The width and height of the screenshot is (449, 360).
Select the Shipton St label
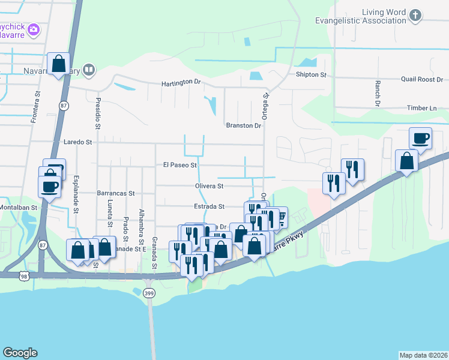point(310,75)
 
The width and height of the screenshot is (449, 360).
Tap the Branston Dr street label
point(244,125)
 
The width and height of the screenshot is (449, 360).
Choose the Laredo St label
point(77,143)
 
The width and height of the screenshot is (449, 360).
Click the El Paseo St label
point(180,164)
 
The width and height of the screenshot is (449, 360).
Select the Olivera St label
point(208,187)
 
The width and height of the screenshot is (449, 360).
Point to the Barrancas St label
point(115,194)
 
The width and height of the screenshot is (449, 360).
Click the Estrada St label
point(208,206)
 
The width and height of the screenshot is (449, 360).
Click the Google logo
point(19,353)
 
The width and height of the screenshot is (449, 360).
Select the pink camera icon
point(34,29)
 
